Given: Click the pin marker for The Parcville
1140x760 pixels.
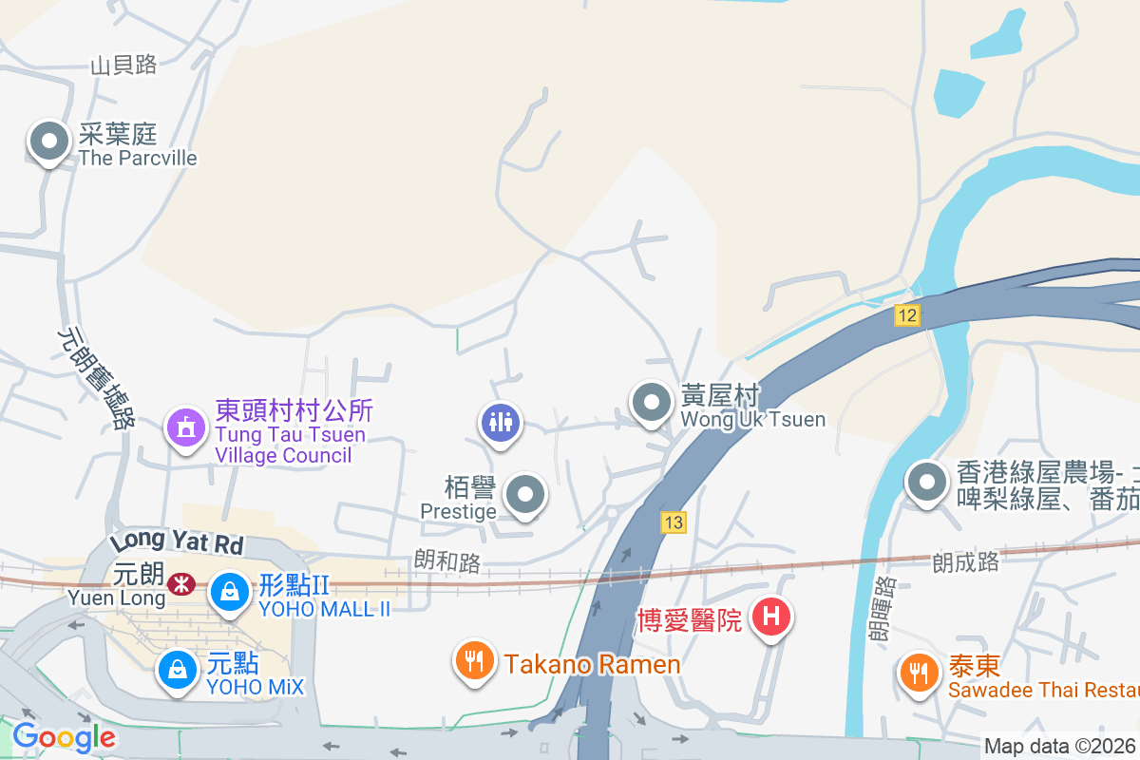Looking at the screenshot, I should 49,143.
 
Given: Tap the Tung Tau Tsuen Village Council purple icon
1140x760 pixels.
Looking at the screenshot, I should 185,427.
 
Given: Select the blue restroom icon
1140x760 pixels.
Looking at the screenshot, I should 500,421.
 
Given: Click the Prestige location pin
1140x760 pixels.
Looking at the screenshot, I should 524,494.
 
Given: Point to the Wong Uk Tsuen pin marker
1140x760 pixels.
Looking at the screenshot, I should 652,404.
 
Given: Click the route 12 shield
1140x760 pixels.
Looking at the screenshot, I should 907,315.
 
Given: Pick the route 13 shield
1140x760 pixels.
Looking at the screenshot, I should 674,522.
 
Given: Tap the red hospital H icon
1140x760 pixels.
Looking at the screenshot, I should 771,617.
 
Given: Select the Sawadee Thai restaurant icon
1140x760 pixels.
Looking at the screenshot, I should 918,674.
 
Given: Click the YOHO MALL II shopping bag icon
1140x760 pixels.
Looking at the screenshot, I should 229,592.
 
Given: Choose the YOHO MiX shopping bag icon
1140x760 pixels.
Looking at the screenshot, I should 177,670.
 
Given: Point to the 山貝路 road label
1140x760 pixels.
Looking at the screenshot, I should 123,66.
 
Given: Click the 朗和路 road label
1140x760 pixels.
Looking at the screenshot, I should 447,562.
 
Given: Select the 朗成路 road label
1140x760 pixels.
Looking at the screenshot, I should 965,562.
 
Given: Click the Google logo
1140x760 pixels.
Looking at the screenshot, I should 64,736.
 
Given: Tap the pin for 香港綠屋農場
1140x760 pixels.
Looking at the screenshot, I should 925,484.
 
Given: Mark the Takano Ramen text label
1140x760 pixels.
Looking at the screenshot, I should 593,664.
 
